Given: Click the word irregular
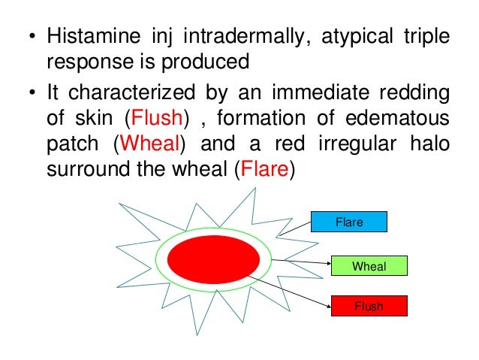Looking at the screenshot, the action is click(x=363, y=144).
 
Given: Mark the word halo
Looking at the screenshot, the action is click(x=432, y=144).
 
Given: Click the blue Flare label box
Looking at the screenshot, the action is click(x=349, y=221).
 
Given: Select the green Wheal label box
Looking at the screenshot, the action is click(x=369, y=265).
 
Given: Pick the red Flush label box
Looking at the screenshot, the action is click(x=369, y=306).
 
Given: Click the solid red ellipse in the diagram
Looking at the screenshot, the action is click(x=213, y=259).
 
